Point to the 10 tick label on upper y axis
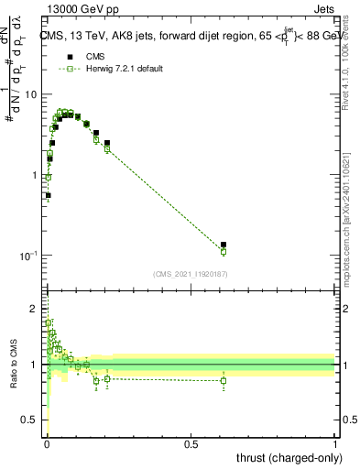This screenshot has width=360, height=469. pyautogui.click(x=31, y=95)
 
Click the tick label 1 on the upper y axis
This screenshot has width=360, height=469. pyautogui.click(x=36, y=175)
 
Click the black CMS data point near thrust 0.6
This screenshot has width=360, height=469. pyautogui.click(x=224, y=245)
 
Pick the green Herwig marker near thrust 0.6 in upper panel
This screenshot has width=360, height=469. pyautogui.click(x=224, y=251)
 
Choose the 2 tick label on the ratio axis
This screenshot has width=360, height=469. pyautogui.click(x=36, y=309)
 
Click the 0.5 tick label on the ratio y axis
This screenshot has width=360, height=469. pyautogui.click(x=32, y=420)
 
